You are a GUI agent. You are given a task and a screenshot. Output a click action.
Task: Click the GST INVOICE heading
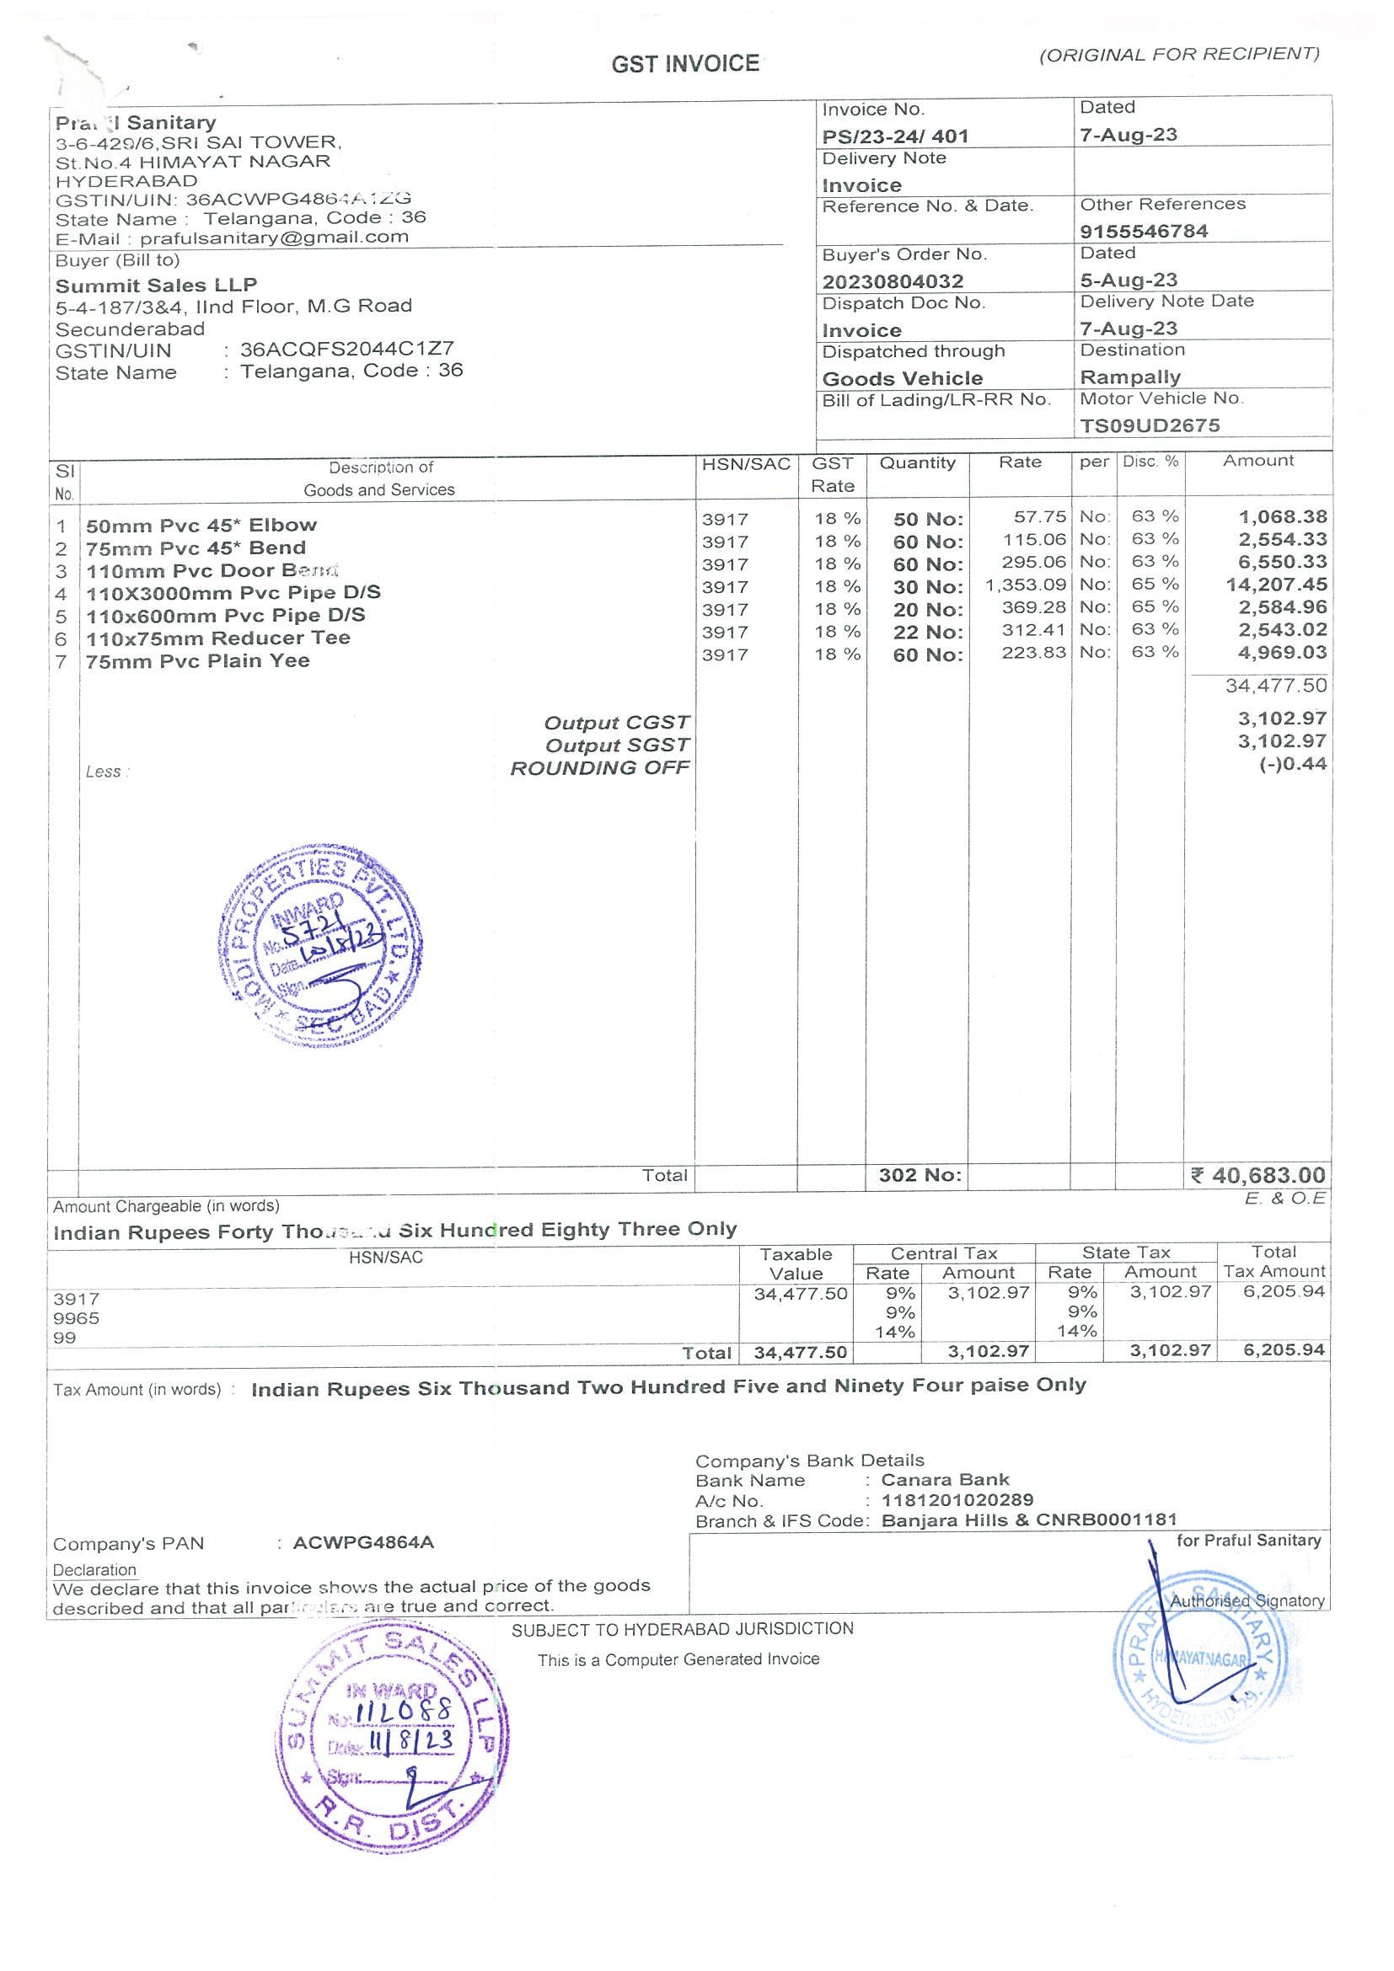tap(684, 64)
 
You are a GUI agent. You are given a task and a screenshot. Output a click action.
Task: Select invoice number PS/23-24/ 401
tap(895, 136)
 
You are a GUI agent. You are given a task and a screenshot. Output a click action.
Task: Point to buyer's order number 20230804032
tap(893, 280)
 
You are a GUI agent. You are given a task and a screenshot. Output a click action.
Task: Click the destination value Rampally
tap(1129, 377)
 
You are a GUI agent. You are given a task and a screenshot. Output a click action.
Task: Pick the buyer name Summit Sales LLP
tap(156, 285)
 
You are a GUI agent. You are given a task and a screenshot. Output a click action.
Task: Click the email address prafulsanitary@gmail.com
tap(274, 237)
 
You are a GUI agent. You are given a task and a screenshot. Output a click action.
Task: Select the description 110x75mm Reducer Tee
tap(218, 638)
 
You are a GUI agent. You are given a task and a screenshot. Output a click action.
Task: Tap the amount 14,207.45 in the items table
tap(1275, 585)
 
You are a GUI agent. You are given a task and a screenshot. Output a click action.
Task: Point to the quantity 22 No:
tap(928, 632)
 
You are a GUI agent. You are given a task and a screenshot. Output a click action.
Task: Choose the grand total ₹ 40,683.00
tap(1258, 1174)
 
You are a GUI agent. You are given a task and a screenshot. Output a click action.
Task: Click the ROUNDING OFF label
tap(599, 767)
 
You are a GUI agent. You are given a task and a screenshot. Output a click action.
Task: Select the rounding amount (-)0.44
tap(1293, 763)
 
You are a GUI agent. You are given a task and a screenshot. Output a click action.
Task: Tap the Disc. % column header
tap(1150, 462)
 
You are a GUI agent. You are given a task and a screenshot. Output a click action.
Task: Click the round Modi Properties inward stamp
tap(319, 945)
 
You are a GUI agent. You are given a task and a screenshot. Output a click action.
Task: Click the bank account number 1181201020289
tap(957, 1499)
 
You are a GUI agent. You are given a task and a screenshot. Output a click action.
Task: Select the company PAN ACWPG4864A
tap(363, 1542)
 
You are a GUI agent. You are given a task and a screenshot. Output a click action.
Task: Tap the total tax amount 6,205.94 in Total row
tap(1284, 1350)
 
